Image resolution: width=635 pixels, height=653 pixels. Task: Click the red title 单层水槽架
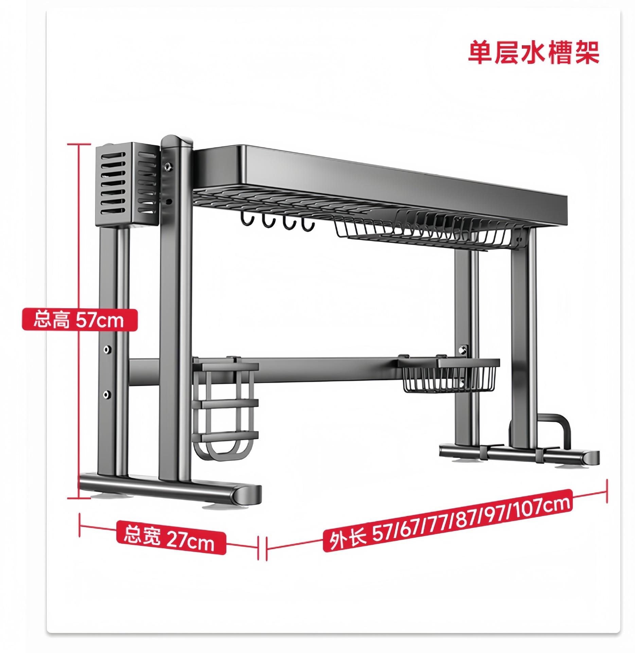(x=533, y=53)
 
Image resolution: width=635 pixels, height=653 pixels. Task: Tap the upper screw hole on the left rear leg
(x=107, y=349)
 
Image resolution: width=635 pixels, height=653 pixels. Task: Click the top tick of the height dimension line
(x=79, y=145)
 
